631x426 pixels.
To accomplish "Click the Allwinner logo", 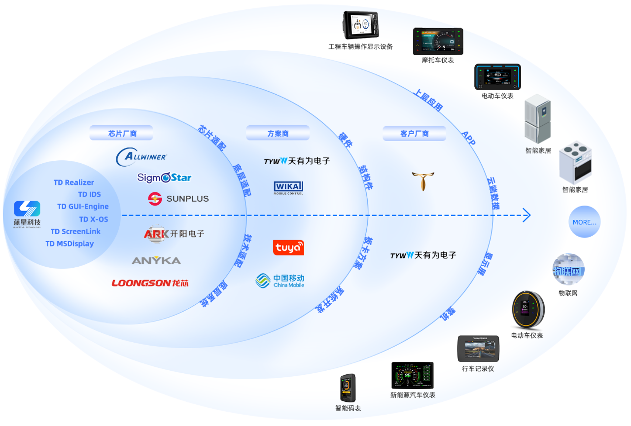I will click(141, 157).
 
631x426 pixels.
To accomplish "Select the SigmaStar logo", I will click(164, 177).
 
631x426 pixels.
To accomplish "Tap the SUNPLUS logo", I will click(178, 199).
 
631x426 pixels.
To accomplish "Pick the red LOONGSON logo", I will click(150, 283).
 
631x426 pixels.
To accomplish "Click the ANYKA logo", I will click(156, 260).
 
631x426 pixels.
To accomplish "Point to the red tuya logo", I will click(288, 248).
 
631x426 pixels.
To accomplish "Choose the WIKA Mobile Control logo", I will click(288, 188).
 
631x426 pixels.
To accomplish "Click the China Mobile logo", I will click(280, 281).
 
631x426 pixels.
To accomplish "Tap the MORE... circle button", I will click(585, 222).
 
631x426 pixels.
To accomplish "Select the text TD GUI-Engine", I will click(83, 207).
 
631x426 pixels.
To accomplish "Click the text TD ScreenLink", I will click(75, 231).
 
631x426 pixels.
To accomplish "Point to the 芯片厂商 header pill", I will click(121, 133).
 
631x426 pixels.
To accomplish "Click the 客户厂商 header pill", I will click(414, 133).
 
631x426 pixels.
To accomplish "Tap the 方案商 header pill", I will click(278, 133).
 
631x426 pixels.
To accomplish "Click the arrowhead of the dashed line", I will click(526, 215).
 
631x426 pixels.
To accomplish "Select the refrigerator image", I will click(537, 118).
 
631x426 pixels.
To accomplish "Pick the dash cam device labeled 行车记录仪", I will click(478, 349).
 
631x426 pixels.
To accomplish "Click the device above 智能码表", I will click(348, 388).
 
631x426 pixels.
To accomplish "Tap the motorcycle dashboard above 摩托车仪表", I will click(438, 41).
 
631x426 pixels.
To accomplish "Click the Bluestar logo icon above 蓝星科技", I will click(27, 209).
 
